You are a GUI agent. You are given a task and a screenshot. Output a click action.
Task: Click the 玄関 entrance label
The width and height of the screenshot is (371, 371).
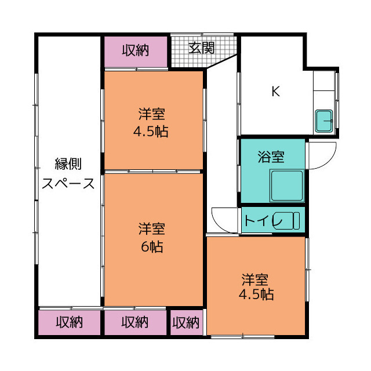point(201,48)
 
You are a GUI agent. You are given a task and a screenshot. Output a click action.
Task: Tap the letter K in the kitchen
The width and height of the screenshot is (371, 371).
point(276,91)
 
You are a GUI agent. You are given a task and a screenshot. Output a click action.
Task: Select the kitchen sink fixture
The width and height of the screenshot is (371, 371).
point(324,121)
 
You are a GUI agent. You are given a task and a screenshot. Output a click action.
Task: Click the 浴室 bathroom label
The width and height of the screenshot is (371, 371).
point(271,156)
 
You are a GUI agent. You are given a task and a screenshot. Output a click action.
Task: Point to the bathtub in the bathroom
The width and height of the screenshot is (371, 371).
point(286,185)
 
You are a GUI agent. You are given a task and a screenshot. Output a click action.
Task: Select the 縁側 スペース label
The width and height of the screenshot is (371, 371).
point(68,173)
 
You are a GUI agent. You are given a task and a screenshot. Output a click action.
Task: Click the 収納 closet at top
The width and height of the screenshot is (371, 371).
point(135,51)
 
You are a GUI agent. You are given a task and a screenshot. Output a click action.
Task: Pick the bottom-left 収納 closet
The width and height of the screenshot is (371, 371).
point(70,322)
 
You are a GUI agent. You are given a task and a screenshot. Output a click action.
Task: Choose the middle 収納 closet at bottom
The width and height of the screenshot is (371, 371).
point(135,322)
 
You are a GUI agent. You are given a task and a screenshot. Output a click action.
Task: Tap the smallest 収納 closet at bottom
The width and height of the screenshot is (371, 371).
point(186,322)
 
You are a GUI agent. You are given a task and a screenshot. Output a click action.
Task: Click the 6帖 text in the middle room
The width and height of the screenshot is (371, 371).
point(151,247)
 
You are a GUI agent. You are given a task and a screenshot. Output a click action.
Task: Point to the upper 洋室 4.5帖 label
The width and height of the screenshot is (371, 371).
point(151,122)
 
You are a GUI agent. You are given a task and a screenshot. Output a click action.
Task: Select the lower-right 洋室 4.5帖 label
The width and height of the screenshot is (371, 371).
point(255,287)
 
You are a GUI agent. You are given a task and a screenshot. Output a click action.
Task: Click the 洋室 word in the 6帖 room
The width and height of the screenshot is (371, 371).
point(151,228)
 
